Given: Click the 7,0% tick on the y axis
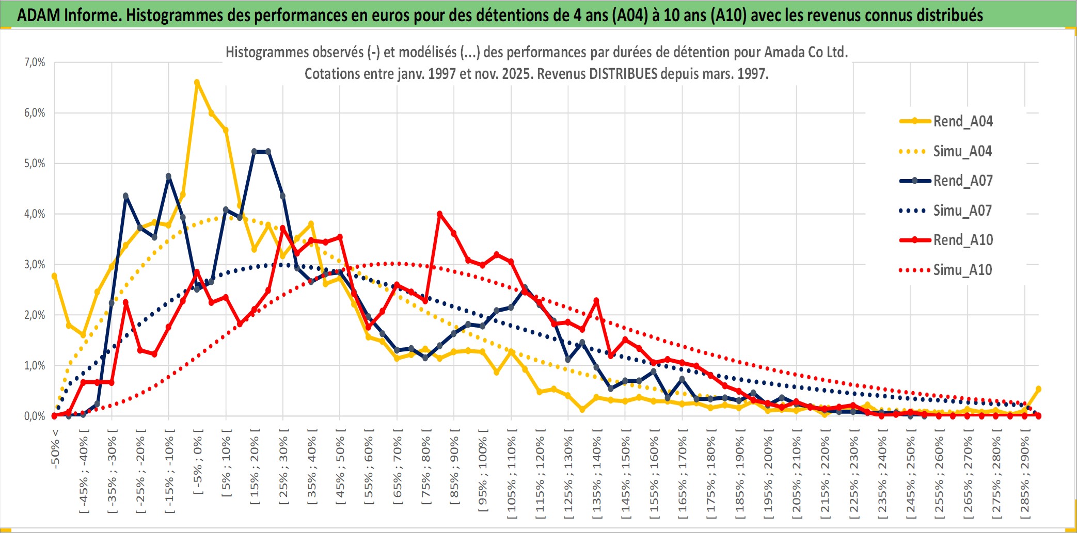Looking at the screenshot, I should pyautogui.click(x=35, y=62).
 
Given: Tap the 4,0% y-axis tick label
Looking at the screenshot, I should pyautogui.click(x=35, y=214).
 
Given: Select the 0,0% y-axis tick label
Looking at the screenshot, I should pyautogui.click(x=35, y=416).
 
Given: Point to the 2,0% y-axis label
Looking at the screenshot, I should pyautogui.click(x=35, y=315).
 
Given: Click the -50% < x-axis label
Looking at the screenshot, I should pyautogui.click(x=55, y=449).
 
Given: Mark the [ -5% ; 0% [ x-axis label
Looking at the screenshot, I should pyautogui.click(x=198, y=462).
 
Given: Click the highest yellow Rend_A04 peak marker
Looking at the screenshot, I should pyautogui.click(x=197, y=83).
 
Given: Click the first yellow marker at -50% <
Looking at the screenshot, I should pyautogui.click(x=54, y=276).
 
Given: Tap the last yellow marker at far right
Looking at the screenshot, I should pyautogui.click(x=1038, y=389).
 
